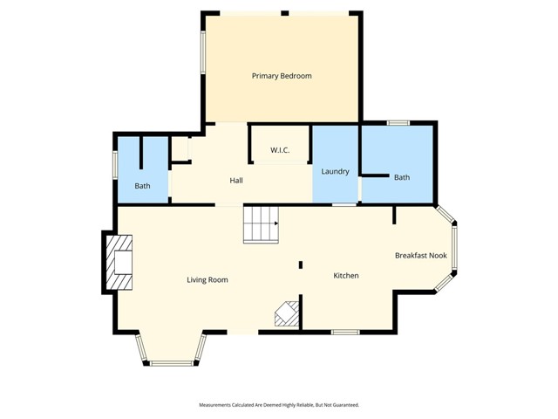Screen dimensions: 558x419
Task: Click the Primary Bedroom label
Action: click(282, 76)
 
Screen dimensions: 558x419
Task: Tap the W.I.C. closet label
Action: click(280, 150)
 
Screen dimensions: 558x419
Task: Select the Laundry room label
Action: click(335, 171)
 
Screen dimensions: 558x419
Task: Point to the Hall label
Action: click(236, 181)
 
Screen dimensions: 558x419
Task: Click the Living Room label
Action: click(208, 279)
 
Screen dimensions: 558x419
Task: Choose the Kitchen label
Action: click(346, 276)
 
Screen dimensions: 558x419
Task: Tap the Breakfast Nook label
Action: click(421, 256)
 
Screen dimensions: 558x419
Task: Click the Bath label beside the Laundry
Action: click(402, 177)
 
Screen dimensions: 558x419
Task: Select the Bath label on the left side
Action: click(142, 186)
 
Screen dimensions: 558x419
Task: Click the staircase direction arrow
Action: click(276, 223)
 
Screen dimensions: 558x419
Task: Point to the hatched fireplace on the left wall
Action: click(119, 262)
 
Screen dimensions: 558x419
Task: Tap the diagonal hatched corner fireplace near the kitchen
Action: click(287, 313)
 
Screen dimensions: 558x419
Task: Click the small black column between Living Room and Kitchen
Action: click(301, 264)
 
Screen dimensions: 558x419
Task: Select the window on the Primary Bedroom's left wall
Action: click(203, 52)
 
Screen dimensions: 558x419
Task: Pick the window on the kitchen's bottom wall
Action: click(345, 332)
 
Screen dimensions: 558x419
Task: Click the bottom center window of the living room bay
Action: click(171, 363)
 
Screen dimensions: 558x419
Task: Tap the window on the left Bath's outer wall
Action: click(115, 165)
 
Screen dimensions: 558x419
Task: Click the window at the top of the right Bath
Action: click(398, 123)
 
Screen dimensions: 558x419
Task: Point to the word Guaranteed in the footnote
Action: click(345, 405)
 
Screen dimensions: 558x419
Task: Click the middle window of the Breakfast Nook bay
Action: click(454, 248)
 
